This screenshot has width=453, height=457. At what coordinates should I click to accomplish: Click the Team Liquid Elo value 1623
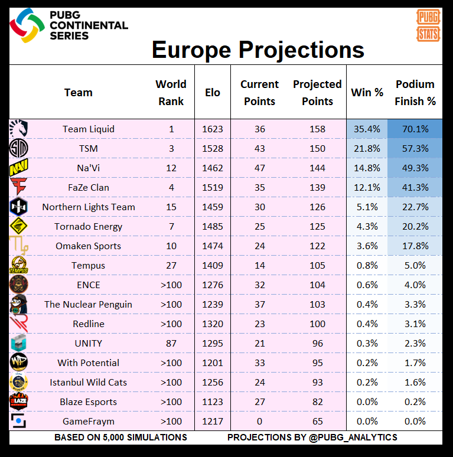pos(213,129)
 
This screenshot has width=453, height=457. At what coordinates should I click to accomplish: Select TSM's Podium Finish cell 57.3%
pos(415,149)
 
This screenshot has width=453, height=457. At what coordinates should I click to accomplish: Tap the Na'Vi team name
pos(89,168)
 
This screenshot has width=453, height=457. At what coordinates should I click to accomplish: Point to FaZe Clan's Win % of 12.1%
pos(366,188)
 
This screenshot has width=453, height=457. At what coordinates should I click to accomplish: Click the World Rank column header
pos(171,93)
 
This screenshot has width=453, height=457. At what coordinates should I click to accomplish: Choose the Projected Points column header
pos(317,93)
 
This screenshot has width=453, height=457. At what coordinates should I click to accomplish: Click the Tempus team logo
pos(19,266)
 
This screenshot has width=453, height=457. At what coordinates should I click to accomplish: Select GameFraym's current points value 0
pos(259,422)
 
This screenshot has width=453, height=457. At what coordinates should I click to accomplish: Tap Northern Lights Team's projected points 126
pos(317,207)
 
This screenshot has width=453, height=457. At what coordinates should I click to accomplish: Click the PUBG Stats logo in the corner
pos(428,25)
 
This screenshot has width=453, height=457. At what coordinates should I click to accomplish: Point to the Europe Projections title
pos(258,50)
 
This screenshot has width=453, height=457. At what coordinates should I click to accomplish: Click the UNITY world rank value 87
pos(171,344)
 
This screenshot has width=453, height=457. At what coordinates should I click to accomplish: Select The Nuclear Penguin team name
pos(89,305)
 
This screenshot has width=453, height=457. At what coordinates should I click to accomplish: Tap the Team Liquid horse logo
pos(19,129)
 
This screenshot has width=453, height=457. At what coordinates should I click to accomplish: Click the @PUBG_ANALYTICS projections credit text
pos(312,438)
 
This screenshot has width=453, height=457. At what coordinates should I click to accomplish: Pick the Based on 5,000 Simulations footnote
pos(120,438)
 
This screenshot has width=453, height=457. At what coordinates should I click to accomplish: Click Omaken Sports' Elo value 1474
pos(213,246)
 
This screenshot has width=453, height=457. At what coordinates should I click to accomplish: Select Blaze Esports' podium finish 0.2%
pos(415,402)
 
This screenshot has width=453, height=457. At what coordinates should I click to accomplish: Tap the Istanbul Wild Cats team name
pos(89,383)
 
